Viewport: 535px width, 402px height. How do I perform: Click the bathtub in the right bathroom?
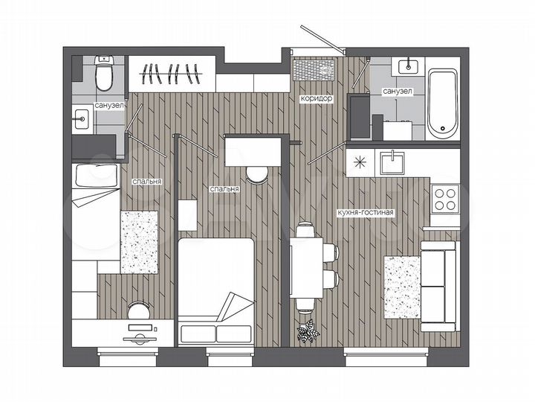[x=444, y=103]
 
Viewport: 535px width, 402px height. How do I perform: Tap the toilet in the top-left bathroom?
[x=105, y=74]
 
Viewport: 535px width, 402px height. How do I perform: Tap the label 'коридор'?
[x=315, y=98]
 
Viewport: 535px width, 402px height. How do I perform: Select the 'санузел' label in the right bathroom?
[x=398, y=91]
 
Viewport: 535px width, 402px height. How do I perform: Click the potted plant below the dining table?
[x=307, y=330]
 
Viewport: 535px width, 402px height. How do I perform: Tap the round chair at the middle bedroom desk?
[x=257, y=174]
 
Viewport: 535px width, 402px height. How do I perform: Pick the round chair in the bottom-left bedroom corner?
[x=139, y=310]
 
